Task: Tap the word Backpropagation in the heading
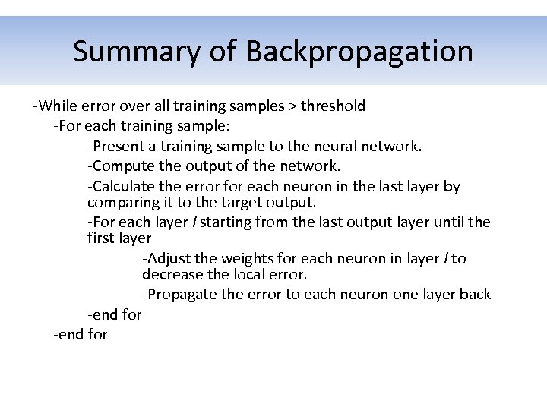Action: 359,52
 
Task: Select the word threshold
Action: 333,106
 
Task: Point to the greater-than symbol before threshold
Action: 292,106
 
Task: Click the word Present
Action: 122,146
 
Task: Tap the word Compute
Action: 125,166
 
